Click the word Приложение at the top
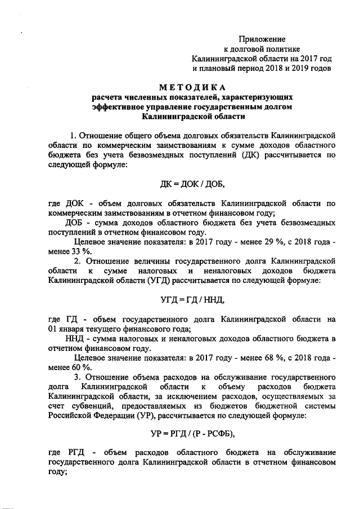tap(262, 39)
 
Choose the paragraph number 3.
tap(78, 376)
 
